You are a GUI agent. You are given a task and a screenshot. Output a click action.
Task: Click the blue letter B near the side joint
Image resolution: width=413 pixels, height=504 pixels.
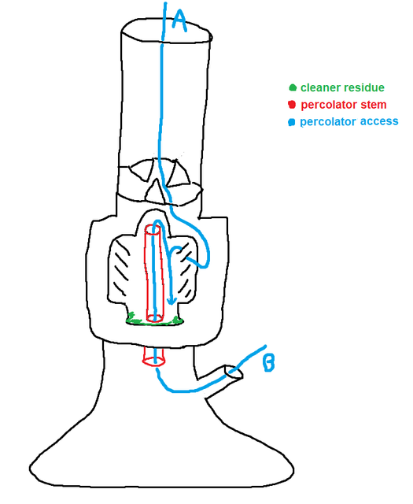coord(269,363)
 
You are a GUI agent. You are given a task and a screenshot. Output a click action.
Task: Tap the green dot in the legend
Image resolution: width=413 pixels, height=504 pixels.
coord(293,87)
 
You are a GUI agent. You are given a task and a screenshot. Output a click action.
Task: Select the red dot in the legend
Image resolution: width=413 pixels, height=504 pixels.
coord(292,105)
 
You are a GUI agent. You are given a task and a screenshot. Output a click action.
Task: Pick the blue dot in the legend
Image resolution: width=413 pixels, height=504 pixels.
coord(292,122)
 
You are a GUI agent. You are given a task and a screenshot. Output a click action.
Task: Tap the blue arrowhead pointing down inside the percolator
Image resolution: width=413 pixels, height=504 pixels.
coord(172,301)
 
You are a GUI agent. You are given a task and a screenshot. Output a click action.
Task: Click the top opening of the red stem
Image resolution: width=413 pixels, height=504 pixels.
coord(153,229)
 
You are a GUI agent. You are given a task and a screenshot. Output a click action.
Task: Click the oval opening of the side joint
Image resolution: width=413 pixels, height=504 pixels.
coord(234,372)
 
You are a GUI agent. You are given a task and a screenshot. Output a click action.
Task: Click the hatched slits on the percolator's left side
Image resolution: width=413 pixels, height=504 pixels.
coord(122,266)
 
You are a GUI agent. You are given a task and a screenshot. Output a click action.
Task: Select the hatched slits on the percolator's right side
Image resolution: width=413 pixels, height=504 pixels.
coord(185,269)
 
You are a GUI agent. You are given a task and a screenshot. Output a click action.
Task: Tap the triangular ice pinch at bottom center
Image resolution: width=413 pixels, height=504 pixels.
coord(157,191)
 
